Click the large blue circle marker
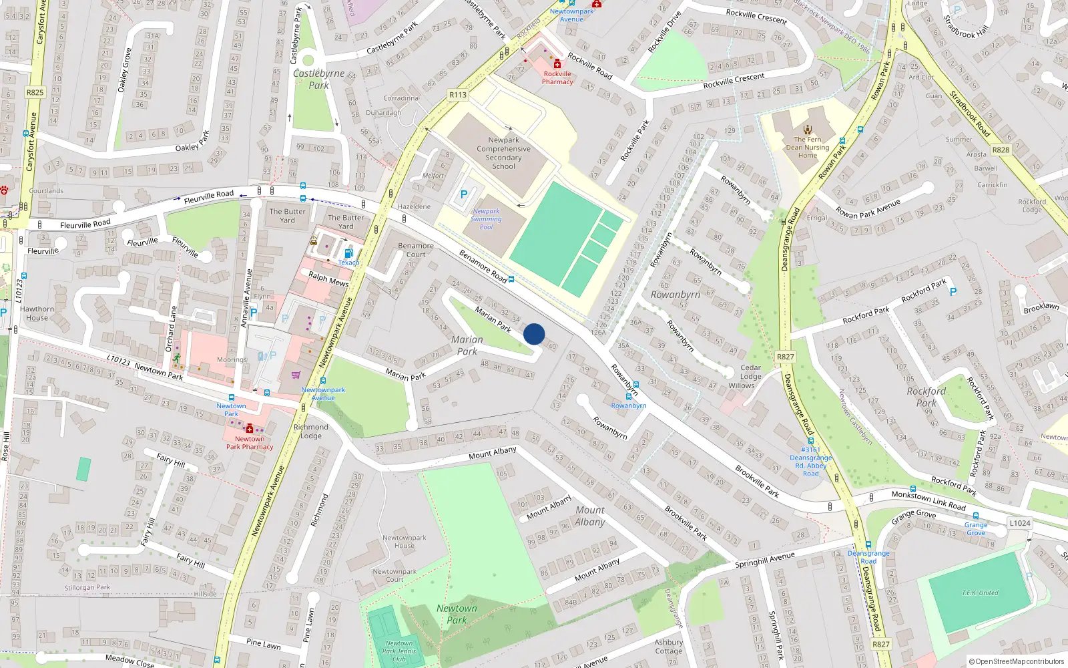534,334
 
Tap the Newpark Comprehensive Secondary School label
503,154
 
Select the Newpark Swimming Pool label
486,219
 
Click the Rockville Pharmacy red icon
557,64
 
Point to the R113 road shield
458,95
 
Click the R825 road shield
35,93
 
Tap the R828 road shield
1001,150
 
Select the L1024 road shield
1019,523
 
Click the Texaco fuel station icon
348,253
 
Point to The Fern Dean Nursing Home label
808,148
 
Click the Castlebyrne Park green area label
318,79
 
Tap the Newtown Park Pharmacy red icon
250,428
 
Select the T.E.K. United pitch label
980,593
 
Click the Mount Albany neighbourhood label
590,516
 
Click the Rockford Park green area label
926,397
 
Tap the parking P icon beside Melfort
464,194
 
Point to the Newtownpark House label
404,542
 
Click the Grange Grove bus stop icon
976,516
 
